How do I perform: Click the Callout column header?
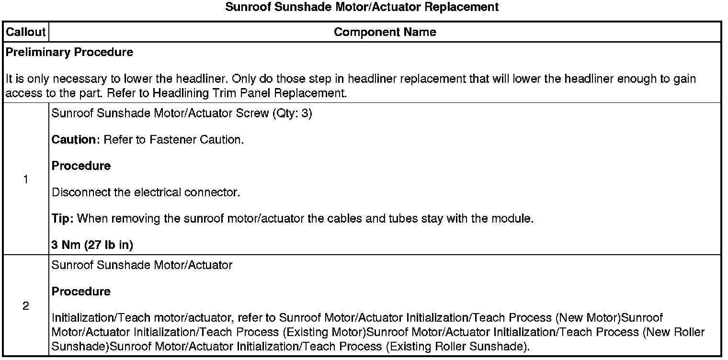(25, 32)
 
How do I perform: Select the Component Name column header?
(385, 32)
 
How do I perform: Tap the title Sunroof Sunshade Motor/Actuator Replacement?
(362, 7)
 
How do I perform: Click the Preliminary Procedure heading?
(69, 52)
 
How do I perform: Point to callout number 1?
(25, 180)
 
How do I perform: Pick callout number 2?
(25, 306)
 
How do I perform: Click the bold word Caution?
(74, 140)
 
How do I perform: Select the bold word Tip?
(62, 219)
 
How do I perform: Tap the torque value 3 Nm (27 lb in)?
(92, 245)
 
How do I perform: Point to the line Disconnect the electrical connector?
(146, 192)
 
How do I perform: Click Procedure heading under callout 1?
(81, 166)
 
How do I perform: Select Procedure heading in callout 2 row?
(81, 291)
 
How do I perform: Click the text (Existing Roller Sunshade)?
(457, 346)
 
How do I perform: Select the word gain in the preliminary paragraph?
(685, 79)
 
